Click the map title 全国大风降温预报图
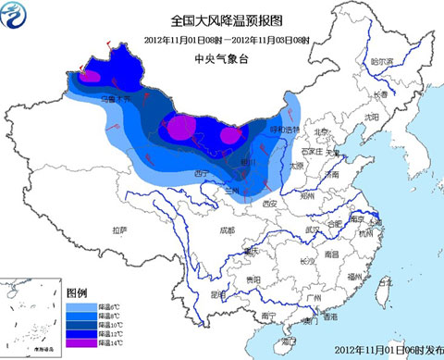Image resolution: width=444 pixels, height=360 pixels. (221, 19)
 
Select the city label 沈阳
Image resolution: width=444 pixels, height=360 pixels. (371, 118)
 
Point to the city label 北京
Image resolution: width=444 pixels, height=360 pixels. (321, 133)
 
